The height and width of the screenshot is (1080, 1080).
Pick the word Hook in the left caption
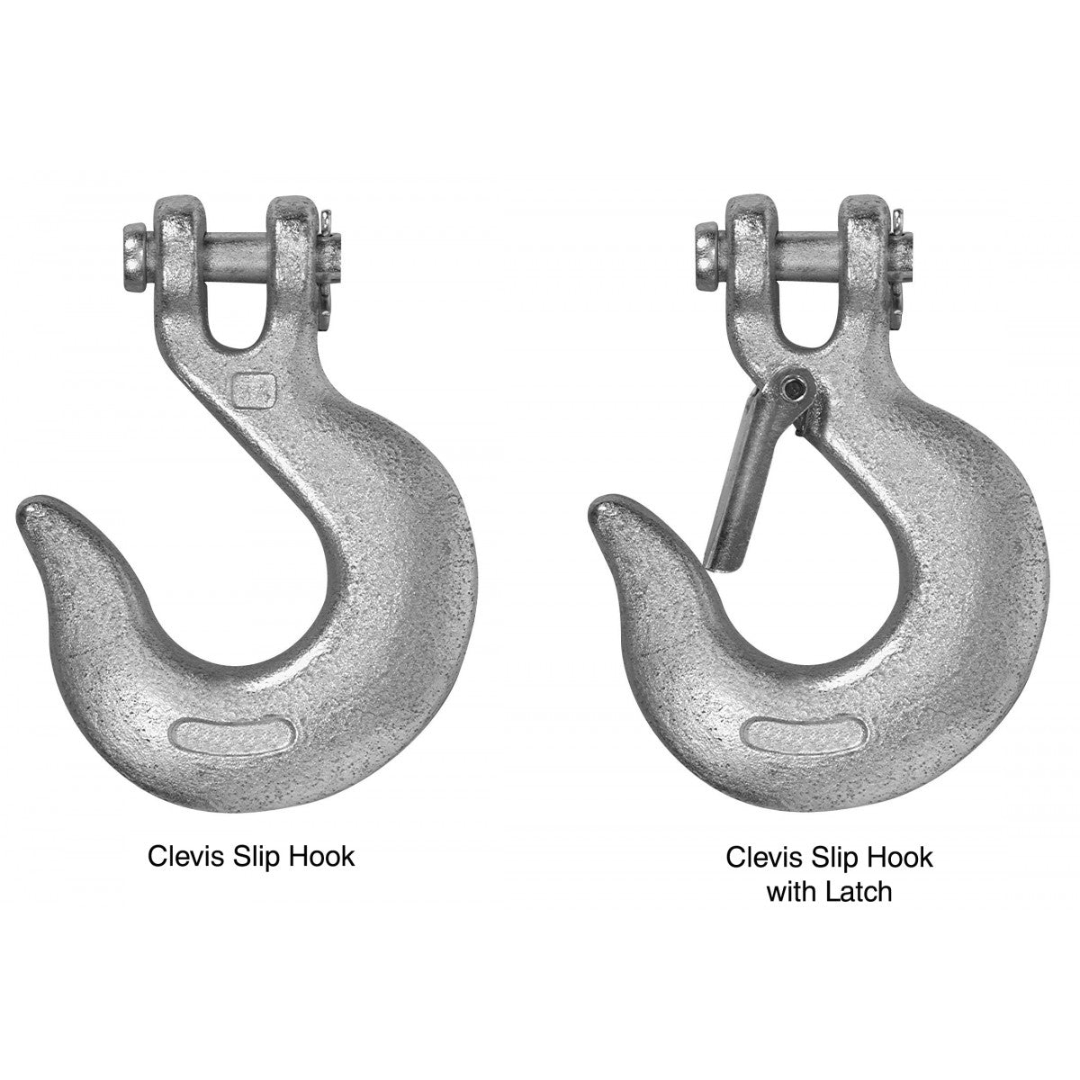coord(321,856)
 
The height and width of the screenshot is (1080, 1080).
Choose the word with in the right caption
coord(789,891)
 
